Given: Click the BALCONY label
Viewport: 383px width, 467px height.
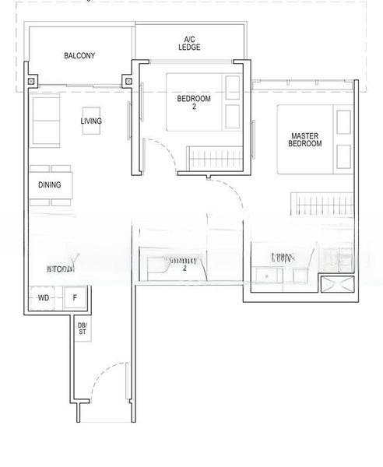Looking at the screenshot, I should pyautogui.click(x=79, y=56).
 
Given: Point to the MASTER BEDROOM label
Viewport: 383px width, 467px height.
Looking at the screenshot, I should pyautogui.click(x=304, y=139).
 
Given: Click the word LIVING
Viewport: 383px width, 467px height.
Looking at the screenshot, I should pyautogui.click(x=91, y=121).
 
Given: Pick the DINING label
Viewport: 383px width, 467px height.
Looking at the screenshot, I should pyautogui.click(x=50, y=185).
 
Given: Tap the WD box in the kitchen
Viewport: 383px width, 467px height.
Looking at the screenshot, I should pyautogui.click(x=44, y=298).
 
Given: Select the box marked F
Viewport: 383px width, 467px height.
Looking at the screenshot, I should pyautogui.click(x=76, y=298).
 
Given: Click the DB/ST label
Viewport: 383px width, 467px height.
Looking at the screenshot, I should pyautogui.click(x=82, y=329).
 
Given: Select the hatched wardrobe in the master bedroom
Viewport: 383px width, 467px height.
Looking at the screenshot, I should pyautogui.click(x=319, y=204).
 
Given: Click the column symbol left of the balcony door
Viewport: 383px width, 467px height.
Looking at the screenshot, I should pyautogui.click(x=31, y=80).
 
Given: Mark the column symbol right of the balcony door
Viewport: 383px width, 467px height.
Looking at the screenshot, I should pyautogui.click(x=129, y=79).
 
